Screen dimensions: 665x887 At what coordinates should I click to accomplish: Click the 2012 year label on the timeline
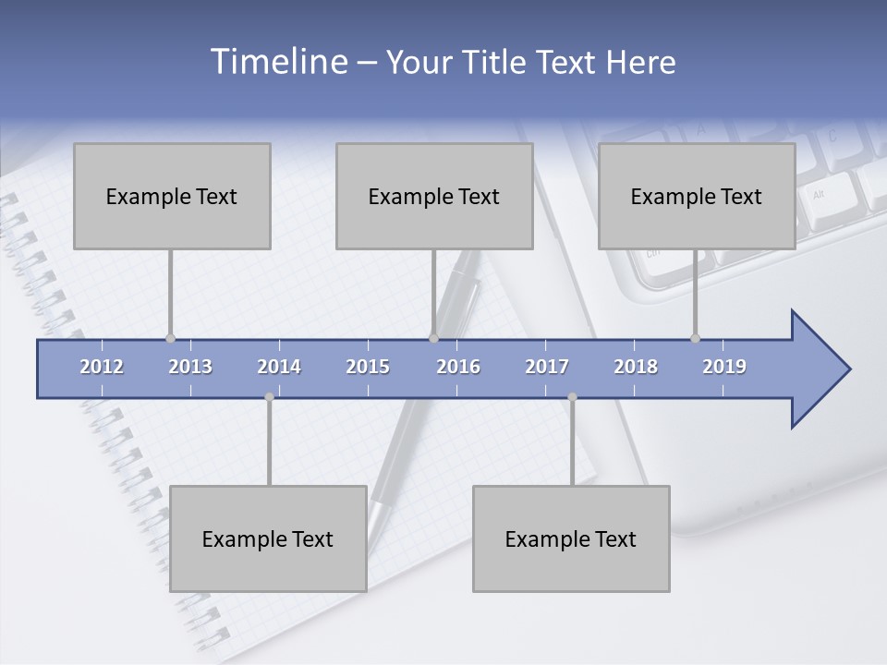pos(102,367)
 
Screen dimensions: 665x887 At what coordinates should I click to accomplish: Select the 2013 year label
pos(190,367)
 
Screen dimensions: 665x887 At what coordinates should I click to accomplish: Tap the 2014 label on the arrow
pos(279,367)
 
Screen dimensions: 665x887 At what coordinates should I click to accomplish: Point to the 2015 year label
pos(368,367)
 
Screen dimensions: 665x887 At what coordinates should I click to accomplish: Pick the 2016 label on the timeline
pos(458,367)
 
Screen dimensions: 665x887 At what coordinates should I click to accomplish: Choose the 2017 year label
pos(547,367)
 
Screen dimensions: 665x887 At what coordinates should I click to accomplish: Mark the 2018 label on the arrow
pos(636,367)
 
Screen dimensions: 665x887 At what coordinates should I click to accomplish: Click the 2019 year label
pos(724,367)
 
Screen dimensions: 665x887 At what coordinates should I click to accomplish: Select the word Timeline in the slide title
pos(277,62)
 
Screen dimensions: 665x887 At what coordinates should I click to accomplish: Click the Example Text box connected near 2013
pos(172,196)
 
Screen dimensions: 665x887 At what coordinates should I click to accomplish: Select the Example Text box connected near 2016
pos(434,196)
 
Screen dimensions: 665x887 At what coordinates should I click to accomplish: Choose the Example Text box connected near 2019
pos(697,196)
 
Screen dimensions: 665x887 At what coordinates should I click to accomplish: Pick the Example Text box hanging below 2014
pos(268,538)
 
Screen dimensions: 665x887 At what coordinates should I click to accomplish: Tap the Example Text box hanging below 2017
pos(571,538)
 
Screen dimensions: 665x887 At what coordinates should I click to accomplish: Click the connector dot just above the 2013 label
pos(170,338)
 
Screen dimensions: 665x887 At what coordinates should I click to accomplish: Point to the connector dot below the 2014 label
pos(269,397)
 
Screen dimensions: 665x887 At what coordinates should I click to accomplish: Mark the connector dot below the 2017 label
pos(572,397)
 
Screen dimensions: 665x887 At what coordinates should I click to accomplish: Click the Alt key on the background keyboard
pos(819,195)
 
